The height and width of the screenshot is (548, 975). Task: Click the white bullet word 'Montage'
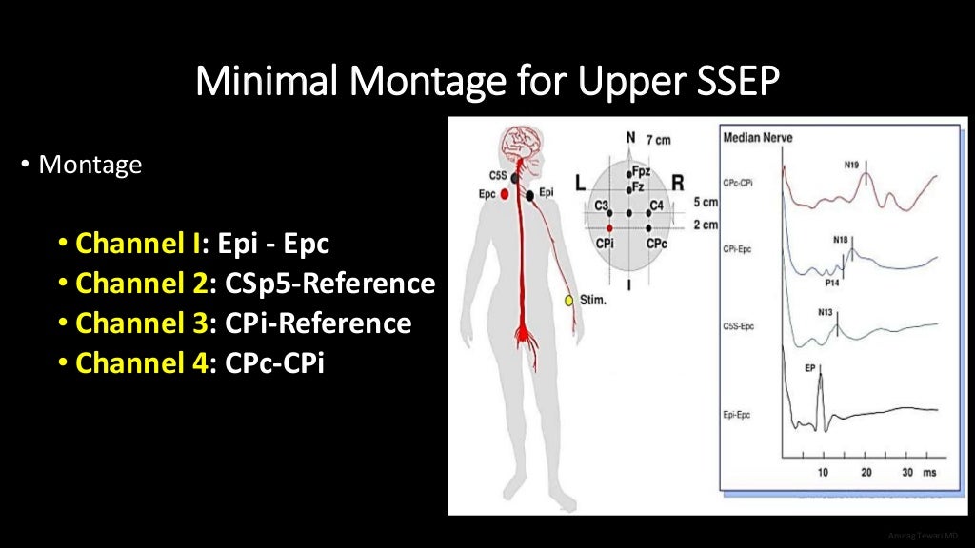coord(90,166)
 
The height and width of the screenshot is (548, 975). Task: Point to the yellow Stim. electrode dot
coord(569,302)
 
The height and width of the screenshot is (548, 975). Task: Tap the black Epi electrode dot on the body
coord(529,195)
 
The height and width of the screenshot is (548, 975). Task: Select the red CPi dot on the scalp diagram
coord(610,228)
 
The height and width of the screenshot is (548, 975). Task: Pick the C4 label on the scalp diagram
coord(656,205)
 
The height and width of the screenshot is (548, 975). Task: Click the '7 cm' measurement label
coord(657,140)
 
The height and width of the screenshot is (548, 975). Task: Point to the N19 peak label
coord(852,166)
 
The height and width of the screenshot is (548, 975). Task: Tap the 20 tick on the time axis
coord(866,473)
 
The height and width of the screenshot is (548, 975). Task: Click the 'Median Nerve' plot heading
coord(758,138)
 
